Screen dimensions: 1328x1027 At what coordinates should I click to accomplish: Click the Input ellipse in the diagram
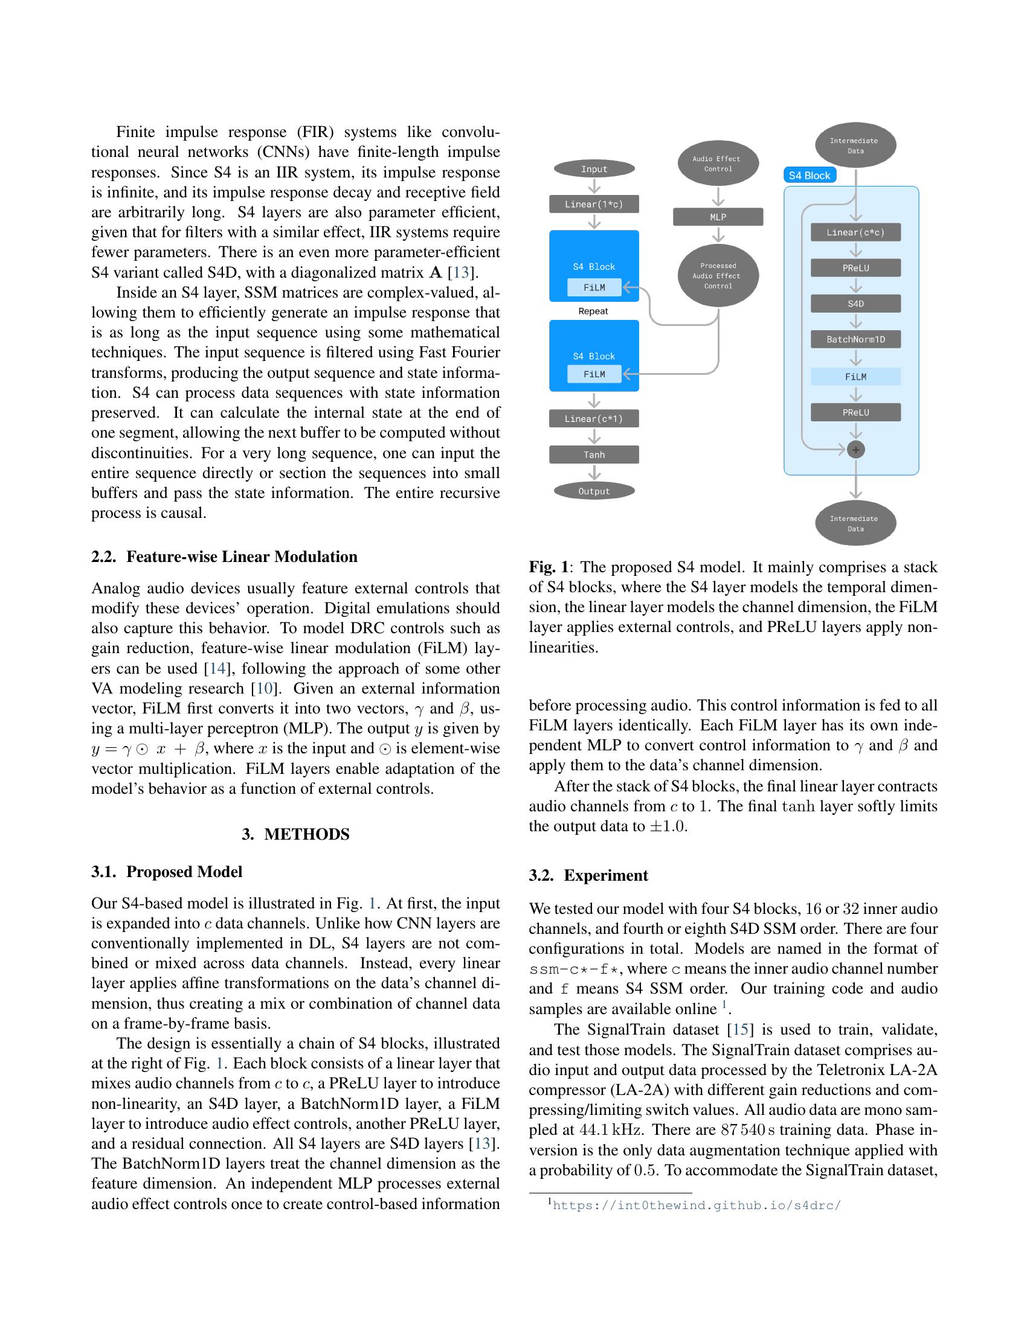pyautogui.click(x=594, y=169)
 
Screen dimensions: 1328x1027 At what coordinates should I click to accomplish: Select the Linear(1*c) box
pyautogui.click(x=594, y=204)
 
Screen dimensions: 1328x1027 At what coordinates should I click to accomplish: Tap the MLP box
pyautogui.click(x=718, y=217)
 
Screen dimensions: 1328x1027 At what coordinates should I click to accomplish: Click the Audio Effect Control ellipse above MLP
pyautogui.click(x=718, y=164)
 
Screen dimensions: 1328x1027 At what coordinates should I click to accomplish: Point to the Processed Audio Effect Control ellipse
pyautogui.click(x=718, y=275)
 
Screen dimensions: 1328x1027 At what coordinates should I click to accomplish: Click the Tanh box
pyautogui.click(x=594, y=455)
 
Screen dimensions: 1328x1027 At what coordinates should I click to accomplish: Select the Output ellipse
pyautogui.click(x=594, y=491)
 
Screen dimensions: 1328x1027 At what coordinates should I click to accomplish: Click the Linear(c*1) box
pyautogui.click(x=594, y=419)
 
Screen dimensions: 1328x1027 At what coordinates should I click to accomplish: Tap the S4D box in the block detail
pyautogui.click(x=855, y=304)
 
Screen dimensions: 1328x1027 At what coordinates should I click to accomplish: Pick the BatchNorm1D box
pyautogui.click(x=855, y=339)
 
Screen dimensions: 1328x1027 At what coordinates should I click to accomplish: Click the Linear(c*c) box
pyautogui.click(x=855, y=232)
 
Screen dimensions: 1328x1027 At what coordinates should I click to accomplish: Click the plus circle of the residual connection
pyautogui.click(x=855, y=450)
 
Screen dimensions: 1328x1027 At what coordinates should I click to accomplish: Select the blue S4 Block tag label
pyautogui.click(x=809, y=176)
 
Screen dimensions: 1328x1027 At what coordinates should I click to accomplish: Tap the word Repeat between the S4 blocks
pyautogui.click(x=593, y=311)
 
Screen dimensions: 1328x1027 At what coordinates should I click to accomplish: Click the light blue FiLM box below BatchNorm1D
pyautogui.click(x=855, y=377)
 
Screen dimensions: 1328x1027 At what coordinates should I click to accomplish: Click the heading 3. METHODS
pyautogui.click(x=295, y=834)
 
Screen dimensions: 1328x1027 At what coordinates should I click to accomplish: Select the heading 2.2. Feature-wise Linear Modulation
pyautogui.click(x=225, y=557)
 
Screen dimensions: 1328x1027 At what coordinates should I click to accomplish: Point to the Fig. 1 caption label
pyautogui.click(x=549, y=567)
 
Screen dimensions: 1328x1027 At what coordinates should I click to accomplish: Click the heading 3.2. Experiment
pyautogui.click(x=588, y=876)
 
